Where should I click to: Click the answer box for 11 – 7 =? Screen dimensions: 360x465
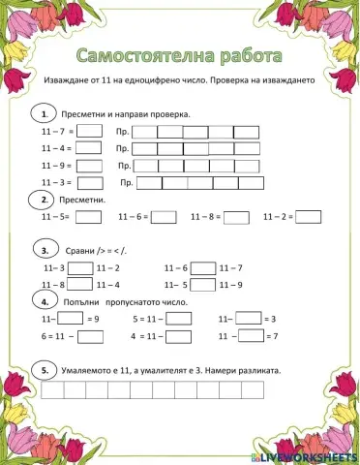90,132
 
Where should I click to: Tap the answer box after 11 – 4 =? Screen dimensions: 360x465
88,148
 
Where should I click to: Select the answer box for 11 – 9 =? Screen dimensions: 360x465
88,165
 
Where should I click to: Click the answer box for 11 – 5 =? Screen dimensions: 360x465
87,217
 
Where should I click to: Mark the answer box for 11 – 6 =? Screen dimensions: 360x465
163,217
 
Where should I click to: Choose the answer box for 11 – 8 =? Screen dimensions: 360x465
235,217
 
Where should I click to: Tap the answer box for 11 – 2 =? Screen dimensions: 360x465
308,217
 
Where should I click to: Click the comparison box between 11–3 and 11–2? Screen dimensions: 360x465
80,267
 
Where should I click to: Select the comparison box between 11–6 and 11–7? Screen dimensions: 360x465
202,267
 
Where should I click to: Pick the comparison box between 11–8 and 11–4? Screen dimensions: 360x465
80,284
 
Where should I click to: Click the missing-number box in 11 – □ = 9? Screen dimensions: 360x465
70,318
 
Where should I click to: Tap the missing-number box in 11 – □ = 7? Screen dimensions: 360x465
250,335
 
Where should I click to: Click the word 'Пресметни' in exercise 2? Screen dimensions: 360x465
82,201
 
